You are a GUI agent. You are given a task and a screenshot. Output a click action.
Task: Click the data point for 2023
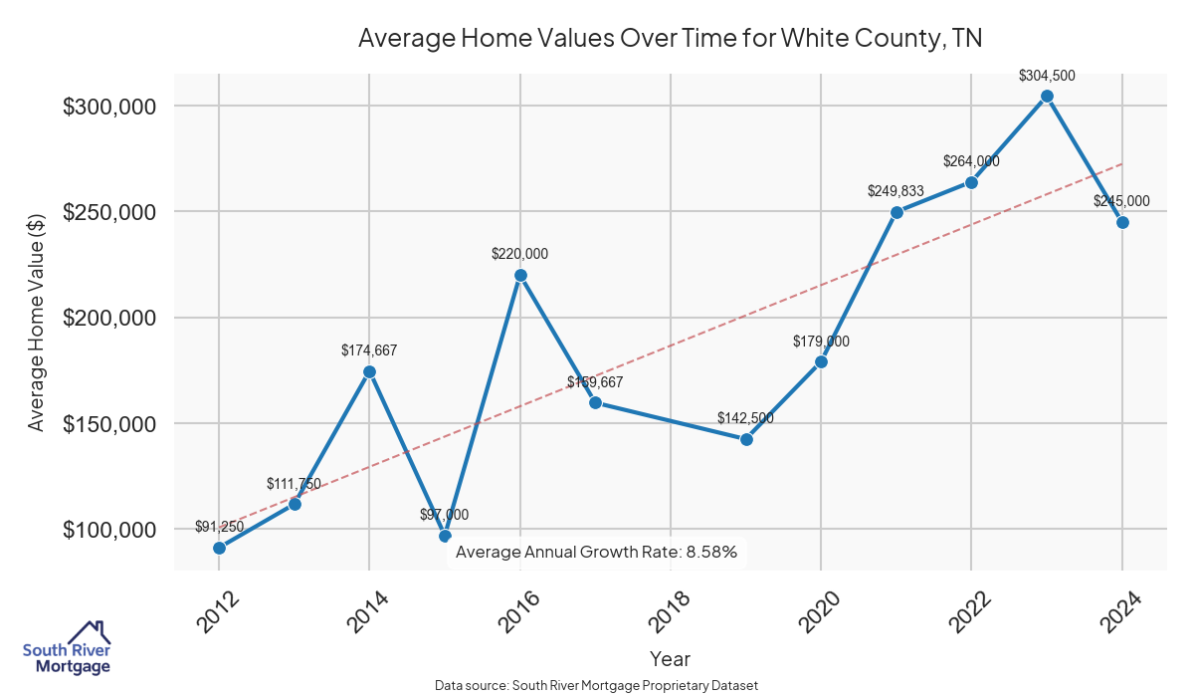(1047, 97)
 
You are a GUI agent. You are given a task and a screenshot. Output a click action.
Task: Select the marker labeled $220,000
(520, 275)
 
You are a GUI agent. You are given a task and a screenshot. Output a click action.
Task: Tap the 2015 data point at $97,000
(445, 536)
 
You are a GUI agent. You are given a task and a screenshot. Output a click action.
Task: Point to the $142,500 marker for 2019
(746, 439)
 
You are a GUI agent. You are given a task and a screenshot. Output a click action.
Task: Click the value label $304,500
(1047, 75)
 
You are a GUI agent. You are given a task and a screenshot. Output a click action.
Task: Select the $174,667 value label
(369, 350)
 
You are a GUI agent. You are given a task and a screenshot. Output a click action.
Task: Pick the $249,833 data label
(896, 190)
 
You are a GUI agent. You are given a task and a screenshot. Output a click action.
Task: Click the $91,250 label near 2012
(219, 526)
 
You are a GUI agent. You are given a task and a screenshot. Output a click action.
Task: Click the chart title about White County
(670, 38)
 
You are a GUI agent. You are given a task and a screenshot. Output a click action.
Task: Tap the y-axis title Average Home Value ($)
(36, 322)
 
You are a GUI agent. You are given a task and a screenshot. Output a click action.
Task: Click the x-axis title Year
(670, 659)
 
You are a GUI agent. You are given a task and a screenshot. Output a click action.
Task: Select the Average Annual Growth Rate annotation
(596, 552)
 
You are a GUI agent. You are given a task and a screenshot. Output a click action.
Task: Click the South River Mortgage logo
(67, 648)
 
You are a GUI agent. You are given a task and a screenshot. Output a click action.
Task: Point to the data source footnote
(596, 686)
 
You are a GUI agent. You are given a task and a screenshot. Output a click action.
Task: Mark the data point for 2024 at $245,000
(1122, 222)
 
